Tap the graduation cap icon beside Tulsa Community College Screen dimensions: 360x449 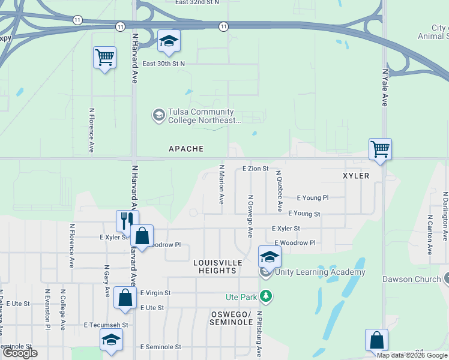pos(158,115)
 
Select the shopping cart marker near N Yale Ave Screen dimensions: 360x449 pos(380,149)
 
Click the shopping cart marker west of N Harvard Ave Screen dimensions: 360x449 pos(104,58)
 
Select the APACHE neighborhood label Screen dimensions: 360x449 pos(186,149)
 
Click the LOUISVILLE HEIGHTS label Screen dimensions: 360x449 pos(217,267)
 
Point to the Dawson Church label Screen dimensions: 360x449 pos(406,279)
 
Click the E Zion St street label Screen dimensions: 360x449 pos(255,169)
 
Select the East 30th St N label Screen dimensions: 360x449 pos(164,64)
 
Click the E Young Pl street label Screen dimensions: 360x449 pos(313,197)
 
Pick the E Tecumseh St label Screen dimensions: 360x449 pos(106,325)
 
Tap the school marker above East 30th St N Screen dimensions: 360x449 pos(169,41)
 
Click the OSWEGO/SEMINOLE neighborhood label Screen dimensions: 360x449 pos(232,319)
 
